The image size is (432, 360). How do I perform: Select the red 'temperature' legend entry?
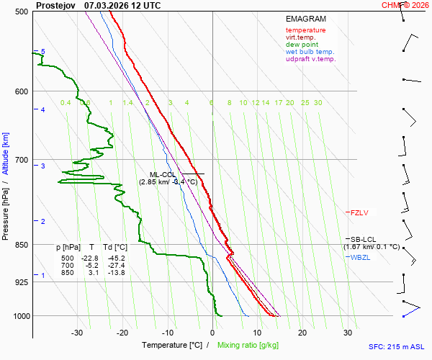305,30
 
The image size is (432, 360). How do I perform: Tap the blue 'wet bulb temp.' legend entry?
310,52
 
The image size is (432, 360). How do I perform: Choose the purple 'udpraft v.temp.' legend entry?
310,59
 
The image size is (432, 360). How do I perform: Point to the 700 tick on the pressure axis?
20,160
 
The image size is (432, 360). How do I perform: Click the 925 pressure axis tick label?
20,282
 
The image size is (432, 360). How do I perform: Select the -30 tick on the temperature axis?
78,333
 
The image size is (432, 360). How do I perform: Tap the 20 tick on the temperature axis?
302,333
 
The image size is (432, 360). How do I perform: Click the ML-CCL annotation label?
162,175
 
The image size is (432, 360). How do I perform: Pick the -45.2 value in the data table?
115,258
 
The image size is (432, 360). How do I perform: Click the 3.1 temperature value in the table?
93,272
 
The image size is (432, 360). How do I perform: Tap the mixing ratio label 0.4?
66,103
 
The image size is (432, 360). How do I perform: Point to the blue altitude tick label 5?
42,52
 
